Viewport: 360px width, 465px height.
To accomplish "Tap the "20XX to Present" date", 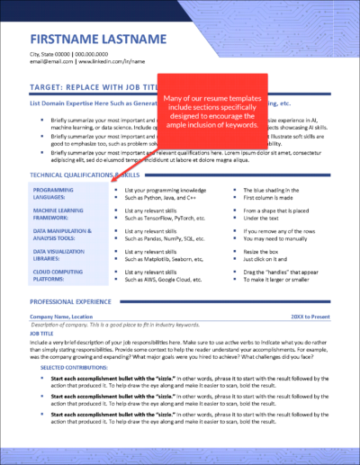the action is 310,317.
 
